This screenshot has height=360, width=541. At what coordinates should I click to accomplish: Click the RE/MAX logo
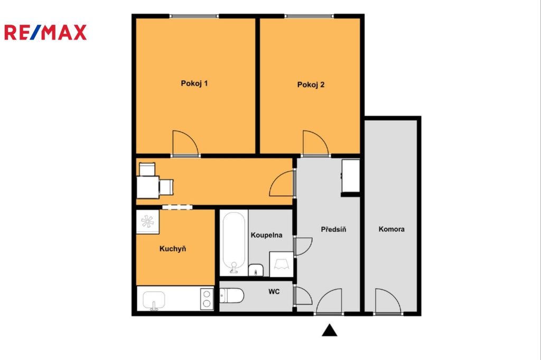click(x=45, y=32)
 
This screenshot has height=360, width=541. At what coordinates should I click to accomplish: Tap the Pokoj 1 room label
click(x=194, y=83)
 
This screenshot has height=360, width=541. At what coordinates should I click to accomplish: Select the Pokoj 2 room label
click(x=311, y=85)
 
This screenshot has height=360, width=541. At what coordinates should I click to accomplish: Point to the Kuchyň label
click(x=173, y=249)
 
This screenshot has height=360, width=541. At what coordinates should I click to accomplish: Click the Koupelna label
click(x=266, y=235)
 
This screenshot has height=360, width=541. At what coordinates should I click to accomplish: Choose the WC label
click(x=274, y=292)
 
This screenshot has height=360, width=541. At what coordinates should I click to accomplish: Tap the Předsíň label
click(x=333, y=229)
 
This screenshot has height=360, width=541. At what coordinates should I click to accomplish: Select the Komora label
click(x=391, y=229)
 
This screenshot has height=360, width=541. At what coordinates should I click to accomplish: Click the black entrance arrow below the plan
click(x=330, y=330)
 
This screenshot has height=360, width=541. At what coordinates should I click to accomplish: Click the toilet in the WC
click(x=232, y=296)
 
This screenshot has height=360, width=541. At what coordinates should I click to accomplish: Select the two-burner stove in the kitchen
click(x=207, y=299)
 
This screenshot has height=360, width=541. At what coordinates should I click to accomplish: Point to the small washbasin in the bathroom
click(x=256, y=270)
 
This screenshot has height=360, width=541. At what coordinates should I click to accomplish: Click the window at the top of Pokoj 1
click(x=194, y=16)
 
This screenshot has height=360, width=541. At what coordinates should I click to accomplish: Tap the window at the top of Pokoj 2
click(x=310, y=16)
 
